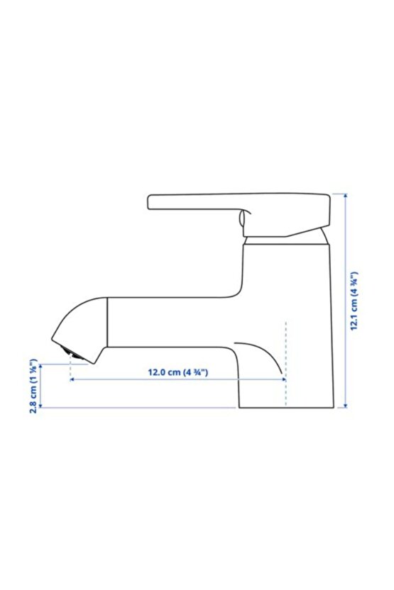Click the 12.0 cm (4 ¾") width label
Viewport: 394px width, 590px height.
tap(177, 372)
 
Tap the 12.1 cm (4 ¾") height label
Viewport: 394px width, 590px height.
tap(354, 301)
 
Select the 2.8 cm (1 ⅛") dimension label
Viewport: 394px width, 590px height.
tap(33, 386)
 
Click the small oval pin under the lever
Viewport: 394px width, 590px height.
tap(242, 218)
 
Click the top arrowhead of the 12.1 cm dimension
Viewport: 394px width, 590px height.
tap(346, 196)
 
